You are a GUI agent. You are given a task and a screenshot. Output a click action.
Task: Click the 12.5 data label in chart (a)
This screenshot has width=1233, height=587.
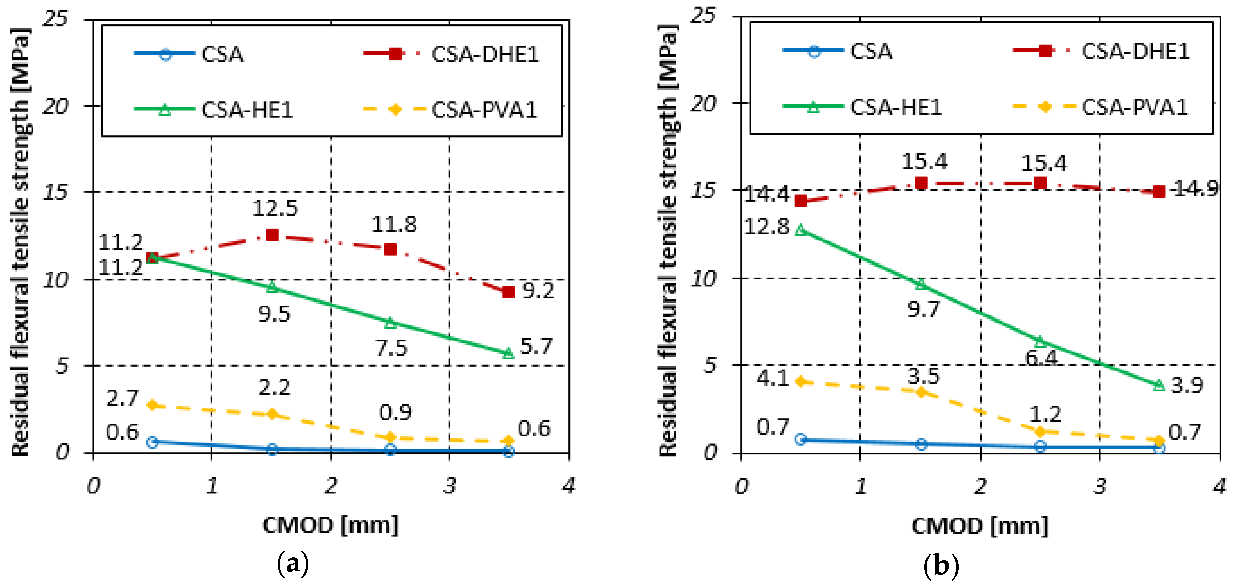(x=275, y=208)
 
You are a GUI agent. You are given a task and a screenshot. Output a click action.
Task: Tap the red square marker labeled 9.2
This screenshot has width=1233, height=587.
(x=508, y=292)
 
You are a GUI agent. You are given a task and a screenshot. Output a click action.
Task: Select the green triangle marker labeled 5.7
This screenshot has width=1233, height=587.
(x=508, y=353)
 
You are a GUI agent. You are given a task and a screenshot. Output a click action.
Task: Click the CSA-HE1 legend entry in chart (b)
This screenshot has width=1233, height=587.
(x=862, y=107)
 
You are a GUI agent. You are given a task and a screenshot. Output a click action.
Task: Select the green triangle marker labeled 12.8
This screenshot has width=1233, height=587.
(x=800, y=230)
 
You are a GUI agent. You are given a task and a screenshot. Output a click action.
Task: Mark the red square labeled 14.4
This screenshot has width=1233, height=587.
(x=800, y=201)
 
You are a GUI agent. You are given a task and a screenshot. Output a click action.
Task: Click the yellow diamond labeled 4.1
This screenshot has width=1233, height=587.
(x=800, y=381)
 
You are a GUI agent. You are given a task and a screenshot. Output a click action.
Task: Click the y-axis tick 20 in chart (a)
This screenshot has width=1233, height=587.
(x=56, y=106)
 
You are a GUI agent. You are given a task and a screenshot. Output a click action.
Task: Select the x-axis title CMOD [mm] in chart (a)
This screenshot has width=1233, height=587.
(x=331, y=526)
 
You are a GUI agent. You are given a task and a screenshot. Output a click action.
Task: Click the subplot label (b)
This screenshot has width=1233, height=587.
(x=941, y=566)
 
